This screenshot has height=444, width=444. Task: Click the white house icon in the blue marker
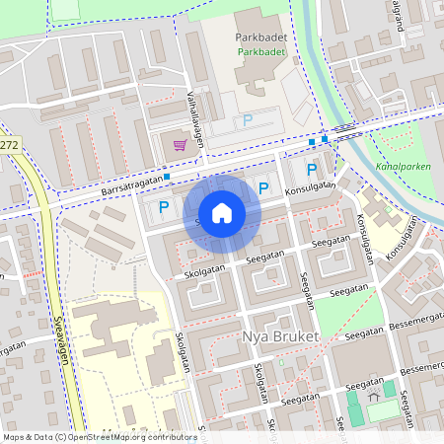(x=222, y=213)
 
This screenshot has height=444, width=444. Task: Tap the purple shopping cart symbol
(x=180, y=145)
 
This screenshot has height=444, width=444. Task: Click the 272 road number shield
(x=9, y=145)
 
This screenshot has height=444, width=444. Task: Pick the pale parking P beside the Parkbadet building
(x=248, y=119)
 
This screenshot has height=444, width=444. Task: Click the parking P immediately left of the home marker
(x=164, y=207)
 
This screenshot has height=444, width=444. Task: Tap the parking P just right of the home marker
(x=263, y=188)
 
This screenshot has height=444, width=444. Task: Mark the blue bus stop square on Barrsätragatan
(x=168, y=177)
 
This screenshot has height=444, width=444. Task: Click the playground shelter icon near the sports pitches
(x=374, y=393)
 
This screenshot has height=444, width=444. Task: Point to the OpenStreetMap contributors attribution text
(x=100, y=436)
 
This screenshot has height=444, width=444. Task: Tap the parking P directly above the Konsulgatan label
(x=312, y=170)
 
